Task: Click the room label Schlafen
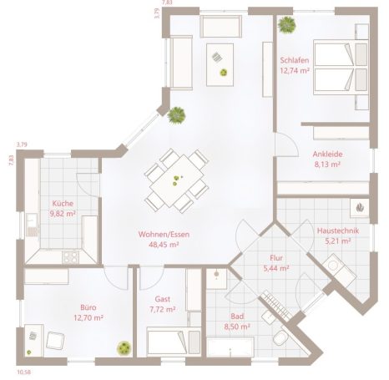point(295,60)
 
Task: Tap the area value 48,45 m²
point(164,246)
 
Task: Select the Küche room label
point(63,203)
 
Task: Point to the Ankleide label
point(327,154)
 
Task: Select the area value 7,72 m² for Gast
point(164,309)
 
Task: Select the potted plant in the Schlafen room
point(287,23)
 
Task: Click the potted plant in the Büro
point(124,346)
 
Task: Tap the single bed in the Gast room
point(173,342)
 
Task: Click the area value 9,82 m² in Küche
point(63,214)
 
